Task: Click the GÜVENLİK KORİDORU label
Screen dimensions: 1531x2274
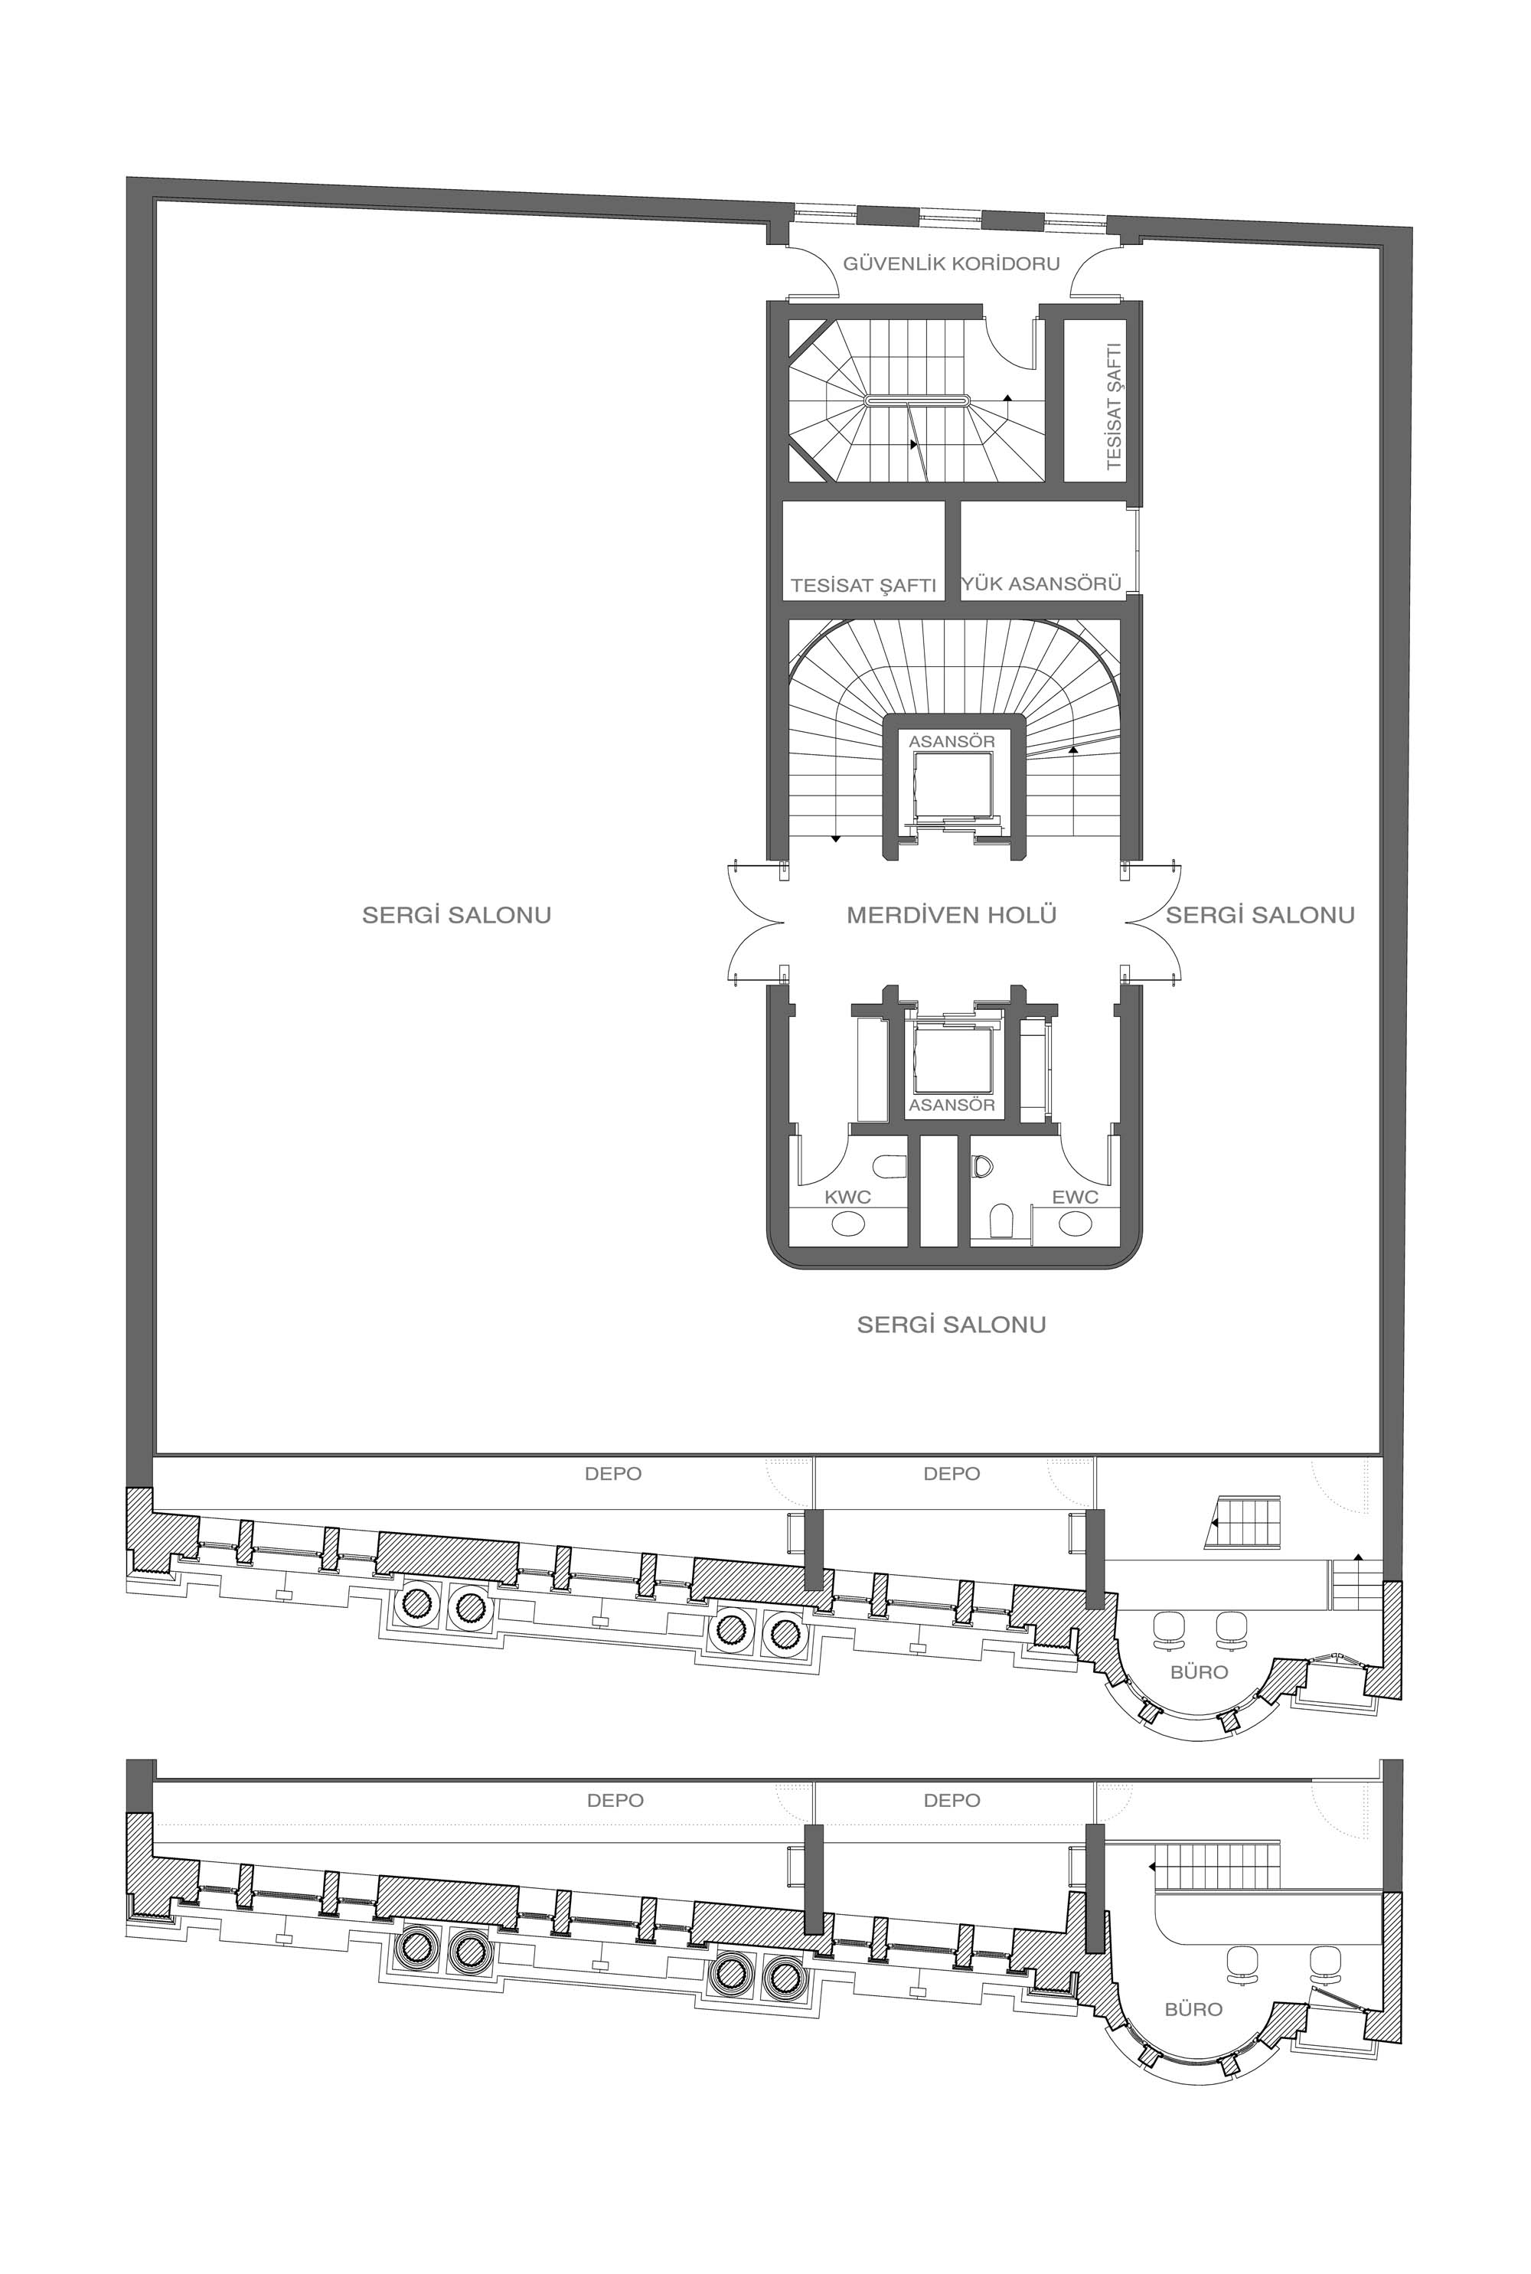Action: tap(951, 263)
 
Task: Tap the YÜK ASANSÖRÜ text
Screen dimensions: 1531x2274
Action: tap(1041, 584)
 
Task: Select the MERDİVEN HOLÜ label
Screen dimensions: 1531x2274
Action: tap(951, 915)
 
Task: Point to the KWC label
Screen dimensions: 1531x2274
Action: tap(847, 1197)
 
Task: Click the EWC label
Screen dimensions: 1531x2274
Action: tap(1075, 1197)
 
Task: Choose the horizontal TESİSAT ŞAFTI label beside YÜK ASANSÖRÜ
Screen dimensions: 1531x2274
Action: tap(863, 586)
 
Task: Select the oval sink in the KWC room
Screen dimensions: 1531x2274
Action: tap(847, 1224)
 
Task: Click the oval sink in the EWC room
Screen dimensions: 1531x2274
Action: tap(1075, 1224)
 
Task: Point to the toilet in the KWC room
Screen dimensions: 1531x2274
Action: tap(890, 1167)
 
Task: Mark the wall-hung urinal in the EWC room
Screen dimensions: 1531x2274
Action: tap(1001, 1220)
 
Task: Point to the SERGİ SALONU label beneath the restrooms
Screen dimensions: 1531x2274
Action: tap(951, 1324)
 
